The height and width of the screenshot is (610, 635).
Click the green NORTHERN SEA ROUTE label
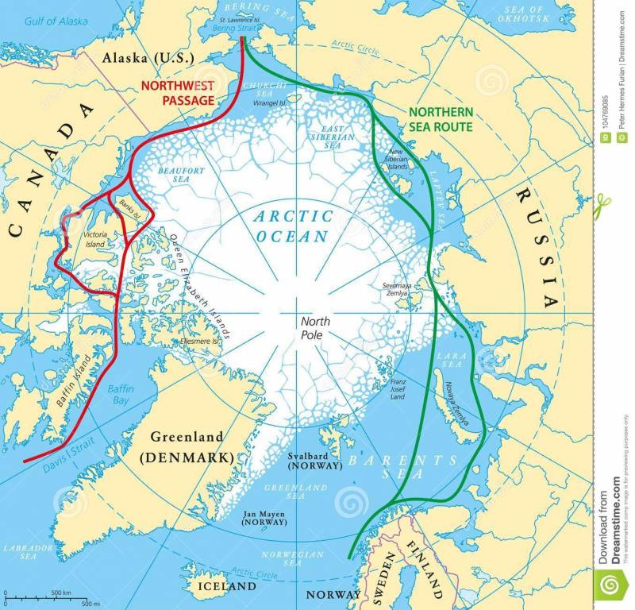pyautogui.click(x=441, y=120)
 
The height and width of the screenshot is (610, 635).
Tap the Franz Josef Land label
pyautogui.click(x=398, y=390)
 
